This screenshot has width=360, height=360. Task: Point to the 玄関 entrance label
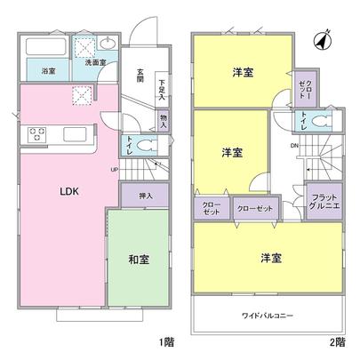tap(140, 76)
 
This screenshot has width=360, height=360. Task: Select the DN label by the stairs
tap(294, 144)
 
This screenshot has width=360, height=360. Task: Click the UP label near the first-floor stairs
tap(115, 169)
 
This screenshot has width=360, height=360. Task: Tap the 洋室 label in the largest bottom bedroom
tap(271, 258)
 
